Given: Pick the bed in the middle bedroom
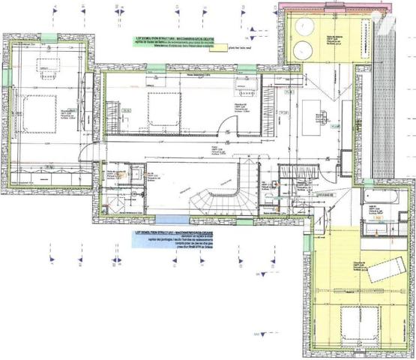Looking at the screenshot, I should point(161,109).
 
